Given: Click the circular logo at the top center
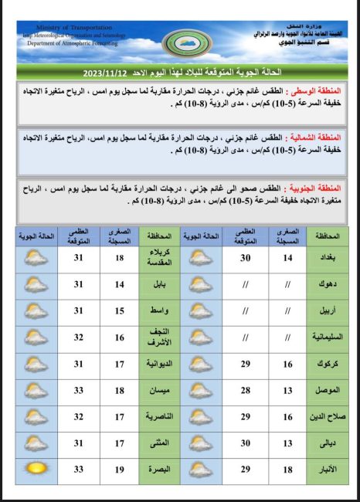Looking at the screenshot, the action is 180,42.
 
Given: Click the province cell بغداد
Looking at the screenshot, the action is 328,259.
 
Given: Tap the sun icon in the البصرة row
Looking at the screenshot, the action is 36,469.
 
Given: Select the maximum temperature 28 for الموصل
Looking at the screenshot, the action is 245,390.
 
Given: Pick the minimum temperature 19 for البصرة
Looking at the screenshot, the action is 119,469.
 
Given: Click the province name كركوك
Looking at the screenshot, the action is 328,364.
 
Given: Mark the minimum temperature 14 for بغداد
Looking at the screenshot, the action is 287,259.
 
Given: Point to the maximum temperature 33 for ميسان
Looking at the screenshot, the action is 78,390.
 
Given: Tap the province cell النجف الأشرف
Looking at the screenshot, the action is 160,337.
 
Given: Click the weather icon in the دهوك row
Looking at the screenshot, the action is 201,285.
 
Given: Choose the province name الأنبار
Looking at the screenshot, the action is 328,469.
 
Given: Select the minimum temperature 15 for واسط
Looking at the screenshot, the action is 119,311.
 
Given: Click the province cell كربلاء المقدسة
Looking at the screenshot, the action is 160,259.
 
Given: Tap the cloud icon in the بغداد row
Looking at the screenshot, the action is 201,259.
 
